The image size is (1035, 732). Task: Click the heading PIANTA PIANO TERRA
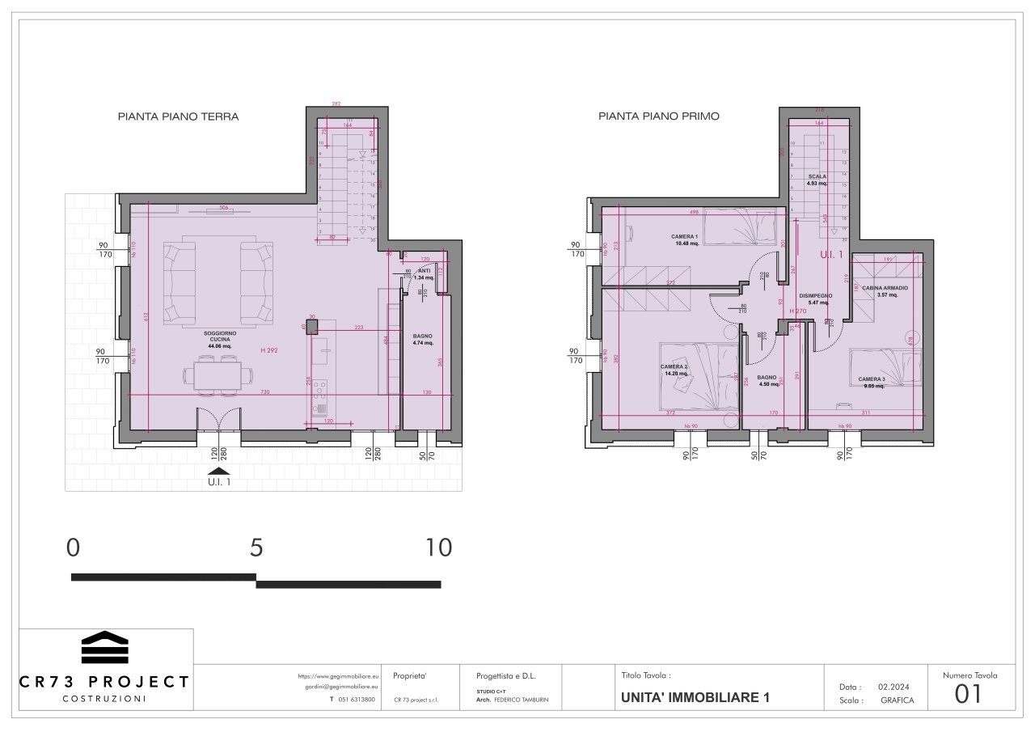coord(178,116)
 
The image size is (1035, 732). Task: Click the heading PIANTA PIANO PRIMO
coord(658,116)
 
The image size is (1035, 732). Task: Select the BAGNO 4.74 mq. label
coord(422,339)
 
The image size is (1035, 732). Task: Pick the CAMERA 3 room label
coord(872,383)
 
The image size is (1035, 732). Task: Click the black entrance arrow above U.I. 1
coord(218,472)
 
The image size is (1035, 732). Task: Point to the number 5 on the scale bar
coord(256,548)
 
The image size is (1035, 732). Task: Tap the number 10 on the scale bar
coord(439,548)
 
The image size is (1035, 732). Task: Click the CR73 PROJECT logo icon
coord(105,647)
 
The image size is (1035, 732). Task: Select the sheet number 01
coord(969,694)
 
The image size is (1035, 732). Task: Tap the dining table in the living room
coord(218,373)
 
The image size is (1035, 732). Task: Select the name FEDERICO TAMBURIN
coord(521,700)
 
